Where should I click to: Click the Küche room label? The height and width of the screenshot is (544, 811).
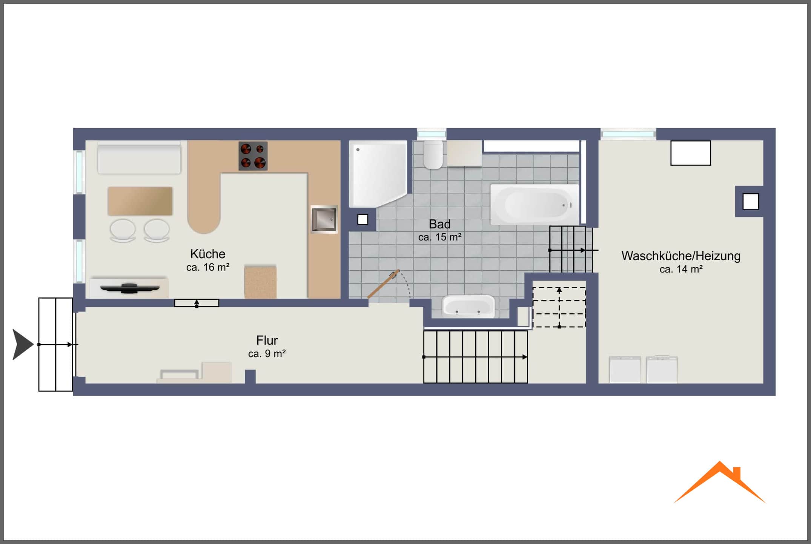click(208, 254)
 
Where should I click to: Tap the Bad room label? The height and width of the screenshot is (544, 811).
click(440, 224)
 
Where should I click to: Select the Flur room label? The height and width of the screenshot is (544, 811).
click(267, 341)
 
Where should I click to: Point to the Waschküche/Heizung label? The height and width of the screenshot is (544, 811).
click(681, 256)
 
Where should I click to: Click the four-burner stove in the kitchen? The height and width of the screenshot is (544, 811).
click(253, 156)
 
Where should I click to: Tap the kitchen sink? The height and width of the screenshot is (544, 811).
click(324, 219)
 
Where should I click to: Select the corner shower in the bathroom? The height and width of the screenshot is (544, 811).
click(378, 174)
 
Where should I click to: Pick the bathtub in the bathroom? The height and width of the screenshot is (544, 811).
click(535, 205)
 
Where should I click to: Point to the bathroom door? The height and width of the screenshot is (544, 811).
click(384, 284)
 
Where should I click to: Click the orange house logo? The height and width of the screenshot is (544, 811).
click(720, 482)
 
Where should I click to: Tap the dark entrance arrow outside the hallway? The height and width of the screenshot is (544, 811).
click(23, 345)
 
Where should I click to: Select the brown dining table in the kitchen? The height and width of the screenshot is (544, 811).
click(140, 201)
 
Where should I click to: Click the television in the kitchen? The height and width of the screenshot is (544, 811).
click(130, 288)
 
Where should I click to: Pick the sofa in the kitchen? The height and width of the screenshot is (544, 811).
click(139, 157)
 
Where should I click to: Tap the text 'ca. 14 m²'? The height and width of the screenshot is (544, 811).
click(681, 269)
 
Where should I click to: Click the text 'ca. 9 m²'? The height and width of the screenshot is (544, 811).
click(267, 354)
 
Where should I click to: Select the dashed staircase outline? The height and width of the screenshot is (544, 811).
click(559, 307)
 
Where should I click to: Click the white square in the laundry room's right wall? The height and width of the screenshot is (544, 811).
click(751, 201)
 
